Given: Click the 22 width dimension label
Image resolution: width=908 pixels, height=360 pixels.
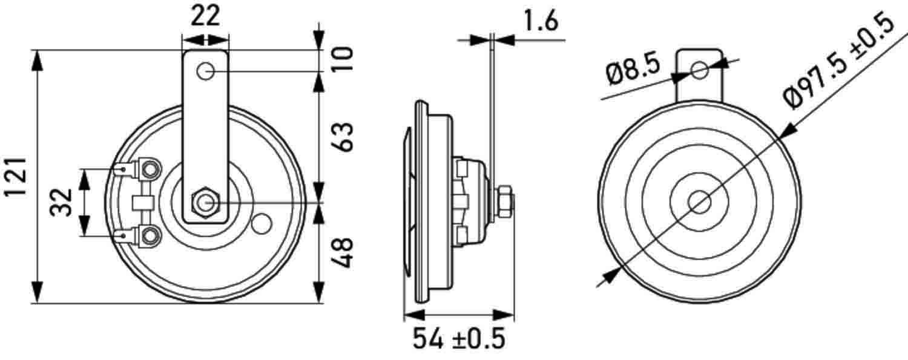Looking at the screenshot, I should tap(205, 16).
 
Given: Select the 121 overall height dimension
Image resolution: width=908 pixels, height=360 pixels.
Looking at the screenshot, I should tap(16, 177).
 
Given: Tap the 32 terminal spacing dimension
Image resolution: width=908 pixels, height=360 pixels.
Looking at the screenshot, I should tap(62, 202).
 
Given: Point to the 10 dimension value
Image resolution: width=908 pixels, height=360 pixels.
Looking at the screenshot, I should tap(342, 60).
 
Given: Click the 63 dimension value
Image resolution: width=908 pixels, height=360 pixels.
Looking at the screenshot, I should tap(342, 138).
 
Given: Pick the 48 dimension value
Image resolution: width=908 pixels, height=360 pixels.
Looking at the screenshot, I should tap(342, 254).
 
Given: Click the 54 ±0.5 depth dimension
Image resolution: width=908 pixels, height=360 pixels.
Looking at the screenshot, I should tap(459, 339).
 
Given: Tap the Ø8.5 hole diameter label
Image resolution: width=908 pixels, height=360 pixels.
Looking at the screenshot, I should tap(632, 72).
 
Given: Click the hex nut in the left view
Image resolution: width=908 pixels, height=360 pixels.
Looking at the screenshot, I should tap(205, 201).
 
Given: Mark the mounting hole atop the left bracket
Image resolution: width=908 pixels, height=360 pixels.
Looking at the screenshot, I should tap(205, 72).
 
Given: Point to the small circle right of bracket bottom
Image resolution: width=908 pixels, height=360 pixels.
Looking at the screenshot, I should tap(262, 224).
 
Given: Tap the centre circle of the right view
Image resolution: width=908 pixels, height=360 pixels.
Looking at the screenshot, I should tap(700, 202).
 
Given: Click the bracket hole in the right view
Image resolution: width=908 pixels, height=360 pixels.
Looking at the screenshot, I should tap(700, 70).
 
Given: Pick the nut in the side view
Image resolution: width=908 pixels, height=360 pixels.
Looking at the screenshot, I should tap(504, 201).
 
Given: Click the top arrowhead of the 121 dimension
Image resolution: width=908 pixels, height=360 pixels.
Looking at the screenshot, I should tap(38, 61).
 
